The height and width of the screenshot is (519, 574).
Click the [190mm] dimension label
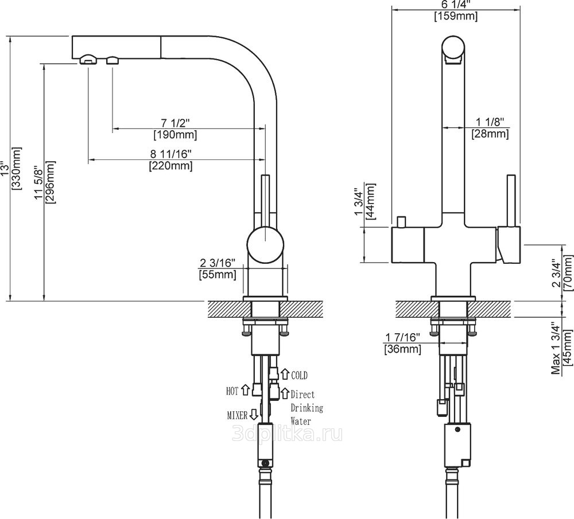point(175,135)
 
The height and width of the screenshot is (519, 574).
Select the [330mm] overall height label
point(17,168)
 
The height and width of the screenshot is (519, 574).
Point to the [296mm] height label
point(49,182)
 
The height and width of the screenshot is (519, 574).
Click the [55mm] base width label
point(218,274)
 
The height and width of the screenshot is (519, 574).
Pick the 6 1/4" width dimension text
point(456,5)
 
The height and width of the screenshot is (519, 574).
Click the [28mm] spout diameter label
point(490,134)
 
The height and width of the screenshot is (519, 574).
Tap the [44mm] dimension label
point(370,201)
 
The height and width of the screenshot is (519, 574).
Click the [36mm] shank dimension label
point(403,349)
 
